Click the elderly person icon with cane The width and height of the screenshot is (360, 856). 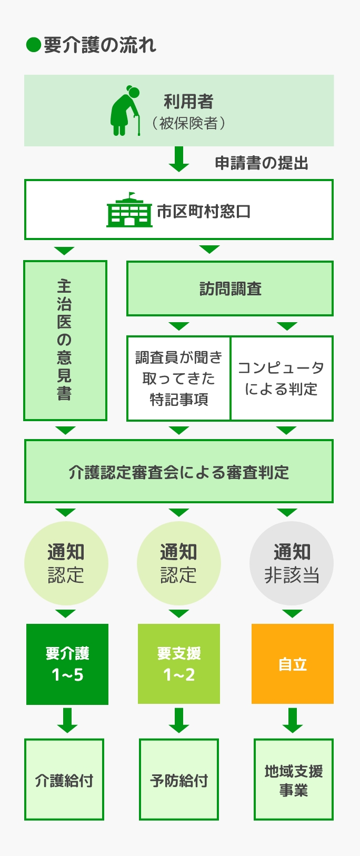125,111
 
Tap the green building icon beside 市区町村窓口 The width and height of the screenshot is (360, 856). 129,210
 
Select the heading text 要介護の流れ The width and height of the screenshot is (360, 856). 100,45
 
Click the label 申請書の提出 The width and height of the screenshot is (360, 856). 262,163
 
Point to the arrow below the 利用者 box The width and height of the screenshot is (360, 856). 179,159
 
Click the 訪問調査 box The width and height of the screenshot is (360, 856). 230,288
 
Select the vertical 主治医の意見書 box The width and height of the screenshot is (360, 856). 65,340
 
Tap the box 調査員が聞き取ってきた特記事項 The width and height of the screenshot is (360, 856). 179,378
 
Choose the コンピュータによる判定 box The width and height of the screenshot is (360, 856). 282,378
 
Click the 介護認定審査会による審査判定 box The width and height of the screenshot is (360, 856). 179,471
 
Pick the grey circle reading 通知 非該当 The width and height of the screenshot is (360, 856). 292,563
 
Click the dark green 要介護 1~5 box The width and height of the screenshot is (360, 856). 67,664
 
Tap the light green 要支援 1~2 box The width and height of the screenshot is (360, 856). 179,664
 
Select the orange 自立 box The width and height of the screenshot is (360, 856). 293,664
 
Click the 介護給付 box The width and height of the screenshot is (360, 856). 64,780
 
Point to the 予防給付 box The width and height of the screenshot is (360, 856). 179,780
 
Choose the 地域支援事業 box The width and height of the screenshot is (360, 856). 294,780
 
